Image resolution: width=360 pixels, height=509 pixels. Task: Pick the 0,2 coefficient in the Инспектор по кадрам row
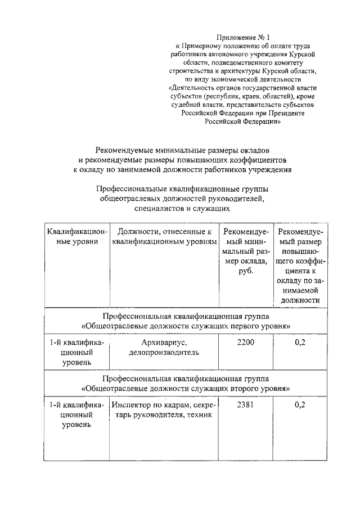click(299, 404)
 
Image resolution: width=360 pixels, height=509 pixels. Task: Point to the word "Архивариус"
click(163, 343)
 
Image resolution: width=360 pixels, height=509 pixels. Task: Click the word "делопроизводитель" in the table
click(163, 353)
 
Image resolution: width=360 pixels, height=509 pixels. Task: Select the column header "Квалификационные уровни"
click(76, 236)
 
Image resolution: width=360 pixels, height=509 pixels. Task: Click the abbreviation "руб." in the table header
click(246, 271)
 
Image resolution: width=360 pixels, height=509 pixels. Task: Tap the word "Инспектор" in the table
click(130, 405)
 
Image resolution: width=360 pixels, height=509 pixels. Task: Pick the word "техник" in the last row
click(199, 415)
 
